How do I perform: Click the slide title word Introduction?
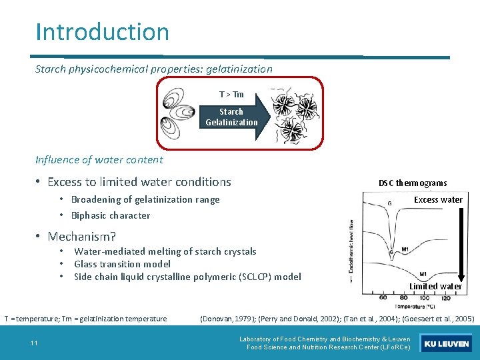coord(102,32)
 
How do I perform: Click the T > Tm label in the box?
coord(231,95)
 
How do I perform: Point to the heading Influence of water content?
coord(99,159)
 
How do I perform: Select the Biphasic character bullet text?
coord(111,215)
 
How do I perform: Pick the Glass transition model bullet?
coord(122,264)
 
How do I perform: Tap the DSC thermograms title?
coord(413,183)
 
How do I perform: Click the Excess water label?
coord(438,199)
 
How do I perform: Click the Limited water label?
coord(435,286)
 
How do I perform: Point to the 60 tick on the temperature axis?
coord(384,297)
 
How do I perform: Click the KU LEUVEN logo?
coord(447,344)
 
